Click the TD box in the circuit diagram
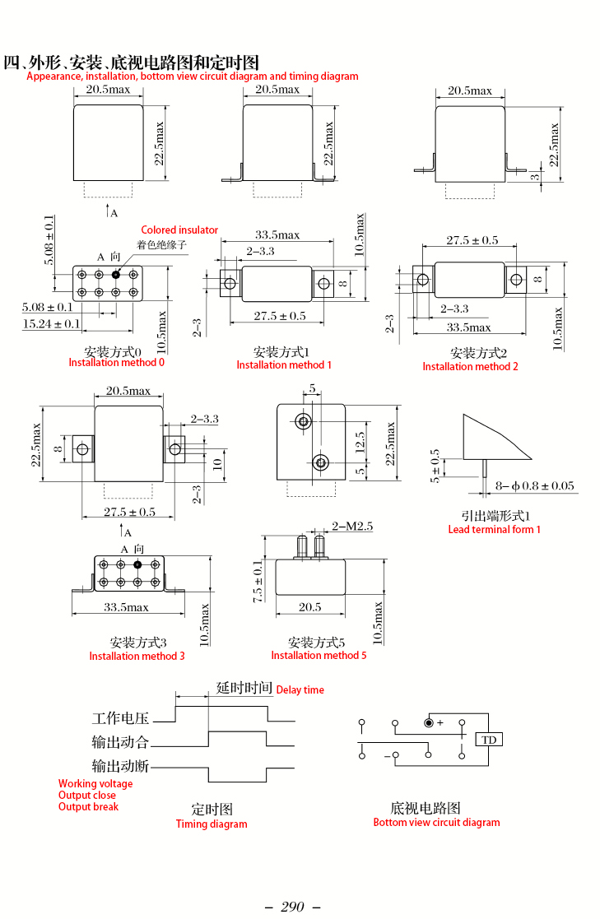click(489, 740)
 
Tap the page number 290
click(292, 907)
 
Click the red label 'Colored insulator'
click(179, 230)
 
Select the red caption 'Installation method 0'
click(116, 363)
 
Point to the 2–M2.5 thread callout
click(352, 527)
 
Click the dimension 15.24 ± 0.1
click(51, 323)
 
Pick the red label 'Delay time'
click(300, 689)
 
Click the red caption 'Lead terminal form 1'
click(495, 529)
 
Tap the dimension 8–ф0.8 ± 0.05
click(535, 485)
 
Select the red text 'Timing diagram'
click(212, 824)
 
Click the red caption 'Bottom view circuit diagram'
click(437, 822)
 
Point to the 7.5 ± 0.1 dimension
click(258, 582)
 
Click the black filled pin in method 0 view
click(116, 274)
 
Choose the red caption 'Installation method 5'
click(319, 655)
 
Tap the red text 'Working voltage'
click(95, 783)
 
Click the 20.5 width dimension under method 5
click(309, 607)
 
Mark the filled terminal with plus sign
click(429, 722)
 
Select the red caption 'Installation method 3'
click(137, 656)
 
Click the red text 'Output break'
click(88, 806)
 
